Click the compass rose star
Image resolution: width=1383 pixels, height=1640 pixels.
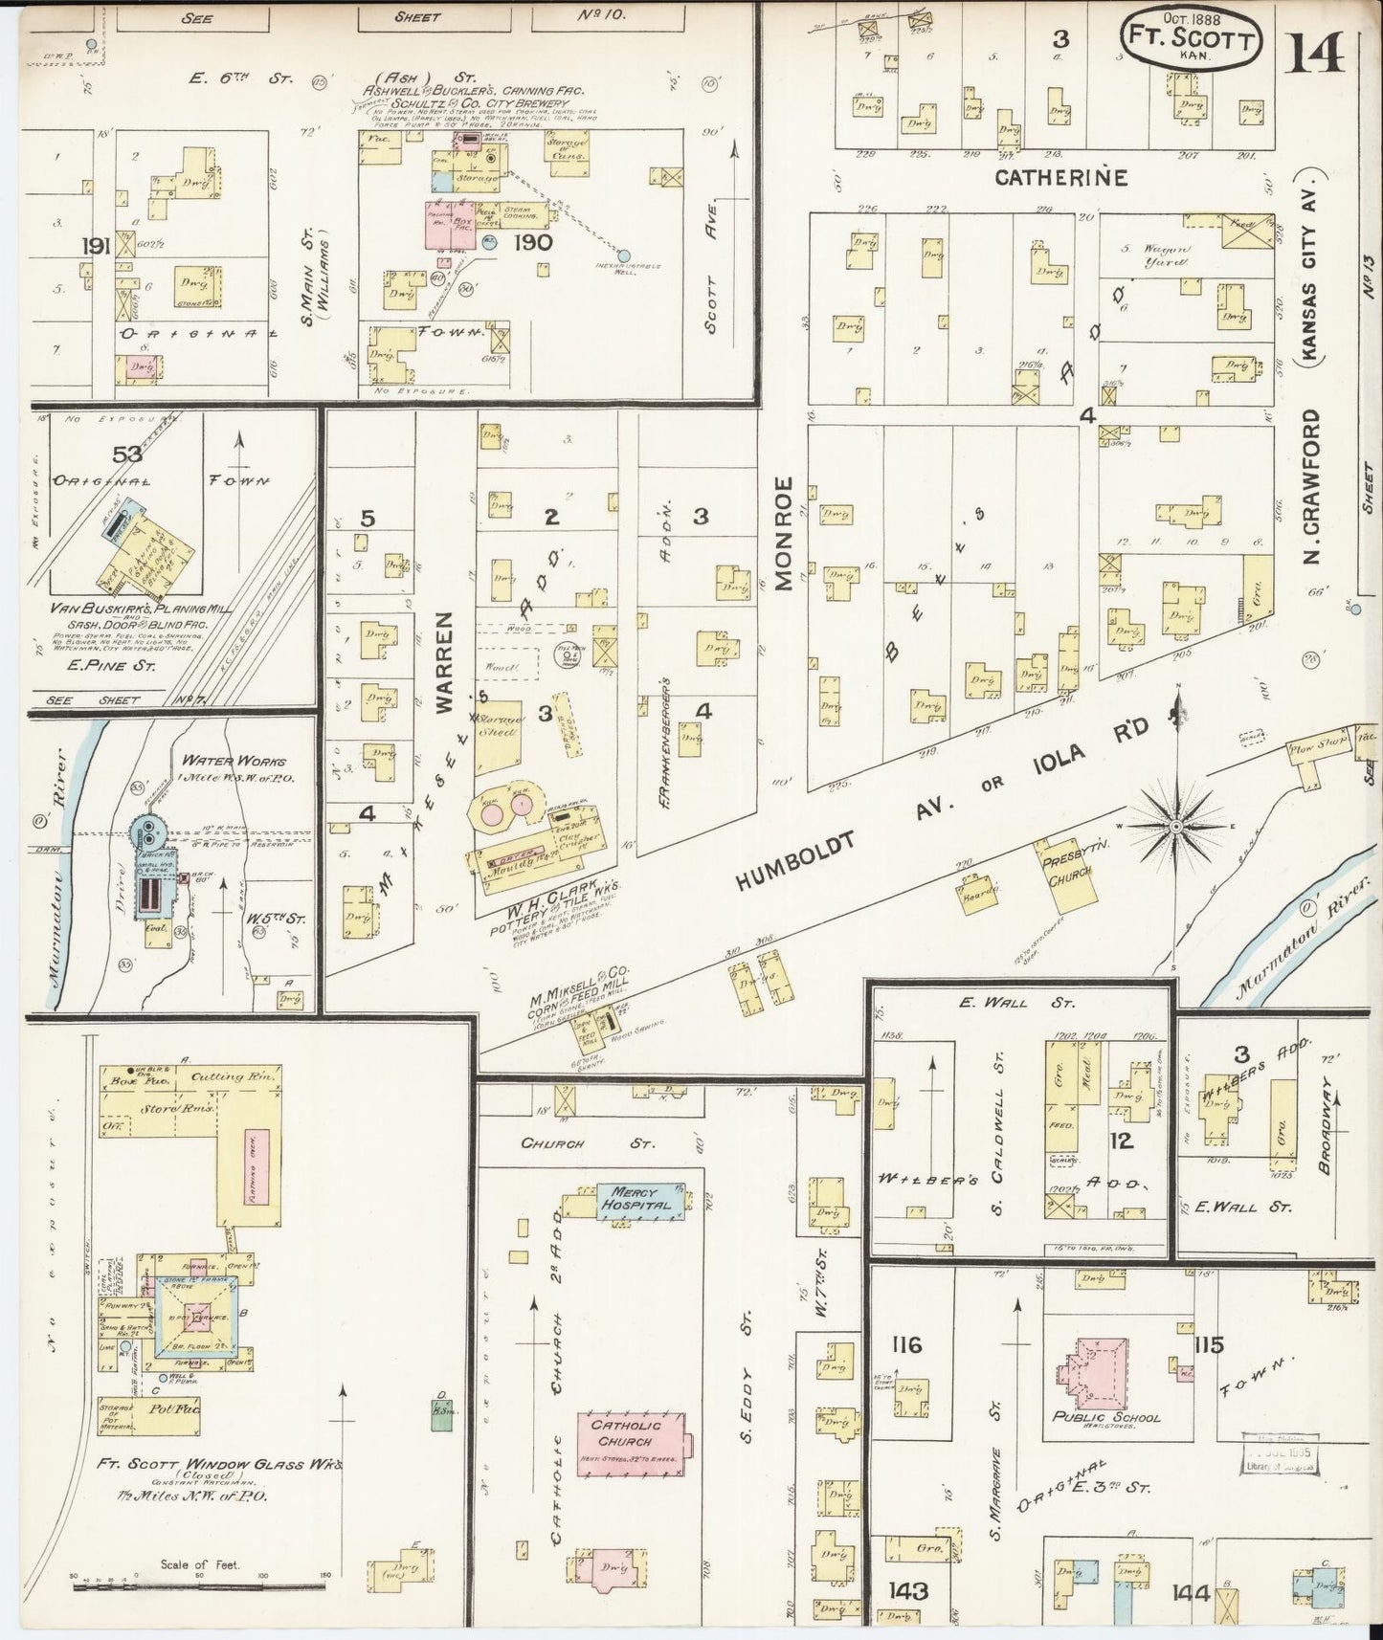pos(1176,825)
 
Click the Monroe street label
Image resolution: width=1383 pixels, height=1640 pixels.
pos(784,533)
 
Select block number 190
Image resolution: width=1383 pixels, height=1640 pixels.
pos(532,243)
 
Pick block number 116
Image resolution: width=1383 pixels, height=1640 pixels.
pos(904,1346)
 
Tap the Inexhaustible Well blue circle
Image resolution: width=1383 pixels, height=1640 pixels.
pos(624,255)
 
